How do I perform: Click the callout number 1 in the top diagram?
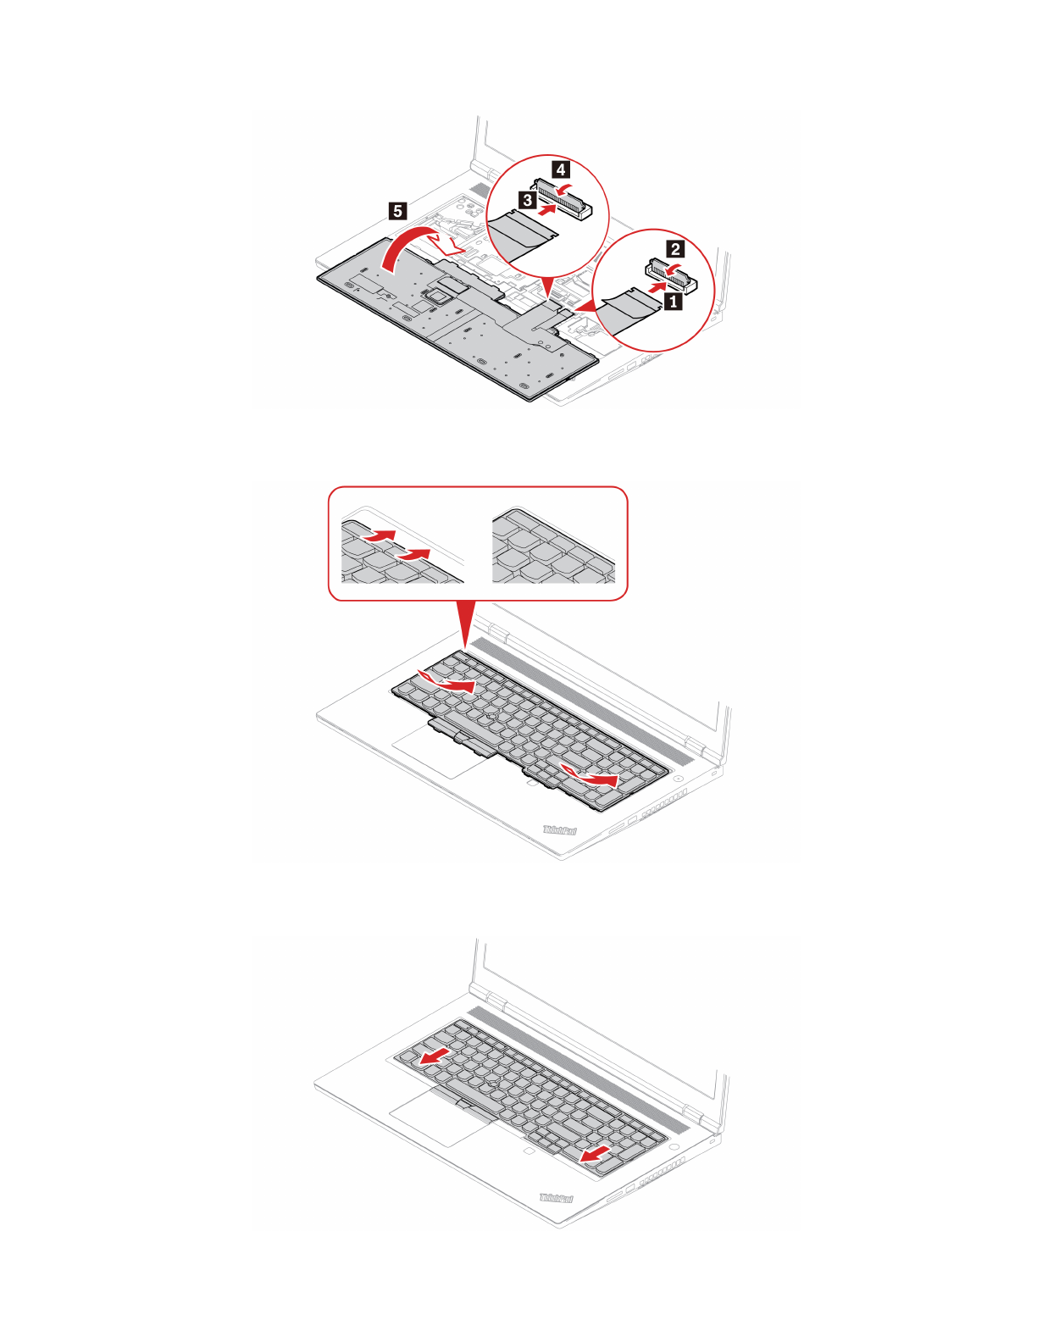pyautogui.click(x=674, y=300)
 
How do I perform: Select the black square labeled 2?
pyautogui.click(x=675, y=248)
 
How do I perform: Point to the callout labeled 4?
pyautogui.click(x=561, y=169)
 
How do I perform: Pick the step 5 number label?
pyautogui.click(x=397, y=211)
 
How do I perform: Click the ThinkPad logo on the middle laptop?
pyautogui.click(x=560, y=830)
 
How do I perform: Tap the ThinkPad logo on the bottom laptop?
pyautogui.click(x=557, y=1198)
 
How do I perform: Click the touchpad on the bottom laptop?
pyautogui.click(x=439, y=1120)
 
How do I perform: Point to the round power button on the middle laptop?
pyautogui.click(x=680, y=778)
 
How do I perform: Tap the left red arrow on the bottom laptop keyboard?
pyautogui.click(x=435, y=1056)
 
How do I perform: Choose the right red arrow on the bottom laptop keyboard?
pyautogui.click(x=596, y=1153)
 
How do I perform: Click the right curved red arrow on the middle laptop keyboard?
pyautogui.click(x=590, y=774)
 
